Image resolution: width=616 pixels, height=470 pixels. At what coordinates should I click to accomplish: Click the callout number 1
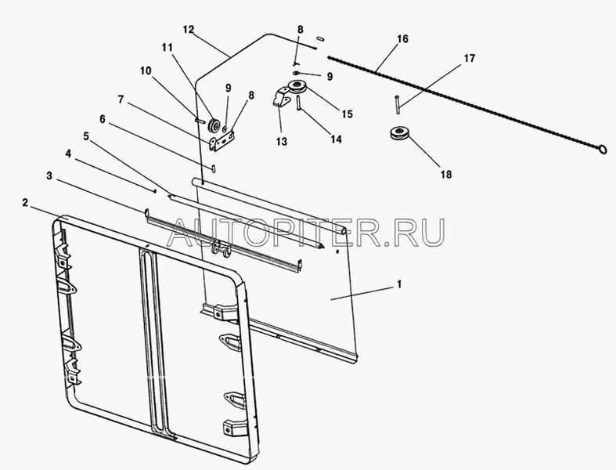click(399, 284)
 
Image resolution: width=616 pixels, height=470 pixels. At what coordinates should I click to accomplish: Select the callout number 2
click(26, 203)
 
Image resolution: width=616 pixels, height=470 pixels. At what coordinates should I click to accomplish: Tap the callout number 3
click(49, 176)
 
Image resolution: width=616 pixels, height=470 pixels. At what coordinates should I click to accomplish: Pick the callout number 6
click(102, 118)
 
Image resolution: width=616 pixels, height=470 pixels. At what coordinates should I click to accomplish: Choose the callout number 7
click(121, 99)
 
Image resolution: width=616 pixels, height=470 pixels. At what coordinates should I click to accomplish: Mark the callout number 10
click(147, 69)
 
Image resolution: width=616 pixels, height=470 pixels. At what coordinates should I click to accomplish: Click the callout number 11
click(167, 49)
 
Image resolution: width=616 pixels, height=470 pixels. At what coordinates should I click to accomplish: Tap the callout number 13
click(281, 142)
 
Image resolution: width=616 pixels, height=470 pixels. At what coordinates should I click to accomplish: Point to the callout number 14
click(335, 139)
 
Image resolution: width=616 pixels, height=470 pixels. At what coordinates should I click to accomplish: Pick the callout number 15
click(348, 114)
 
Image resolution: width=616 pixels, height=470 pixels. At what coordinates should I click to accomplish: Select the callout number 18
click(445, 175)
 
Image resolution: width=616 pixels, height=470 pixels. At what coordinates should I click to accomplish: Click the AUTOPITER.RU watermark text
click(308, 232)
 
